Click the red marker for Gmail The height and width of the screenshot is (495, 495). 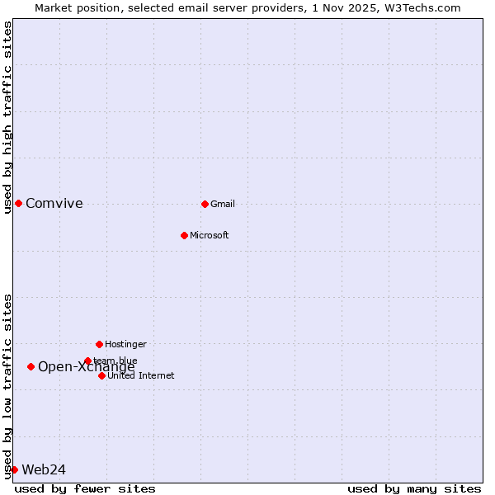point(205,204)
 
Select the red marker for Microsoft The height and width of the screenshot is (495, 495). point(184,235)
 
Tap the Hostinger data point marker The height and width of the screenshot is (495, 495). point(99,344)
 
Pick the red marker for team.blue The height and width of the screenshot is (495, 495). point(87,361)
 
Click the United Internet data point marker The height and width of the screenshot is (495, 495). point(101,375)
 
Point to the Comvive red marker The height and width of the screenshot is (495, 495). point(18,204)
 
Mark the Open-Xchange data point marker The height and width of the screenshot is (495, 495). point(31,366)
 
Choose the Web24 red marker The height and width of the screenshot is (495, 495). point(14,469)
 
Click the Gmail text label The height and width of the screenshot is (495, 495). point(223,205)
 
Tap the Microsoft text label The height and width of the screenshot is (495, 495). point(210,236)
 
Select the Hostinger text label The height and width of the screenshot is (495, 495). point(125,344)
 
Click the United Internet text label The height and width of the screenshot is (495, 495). point(141,376)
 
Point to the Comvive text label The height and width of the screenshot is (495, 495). point(54,204)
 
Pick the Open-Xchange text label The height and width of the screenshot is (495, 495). point(87,368)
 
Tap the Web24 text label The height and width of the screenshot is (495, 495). point(44,470)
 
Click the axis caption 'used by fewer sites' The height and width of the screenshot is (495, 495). point(85,488)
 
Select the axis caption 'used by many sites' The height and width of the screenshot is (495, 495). point(414,488)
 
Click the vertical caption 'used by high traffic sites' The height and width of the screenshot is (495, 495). point(8,117)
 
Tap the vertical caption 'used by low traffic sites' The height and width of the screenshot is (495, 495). point(8,386)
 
